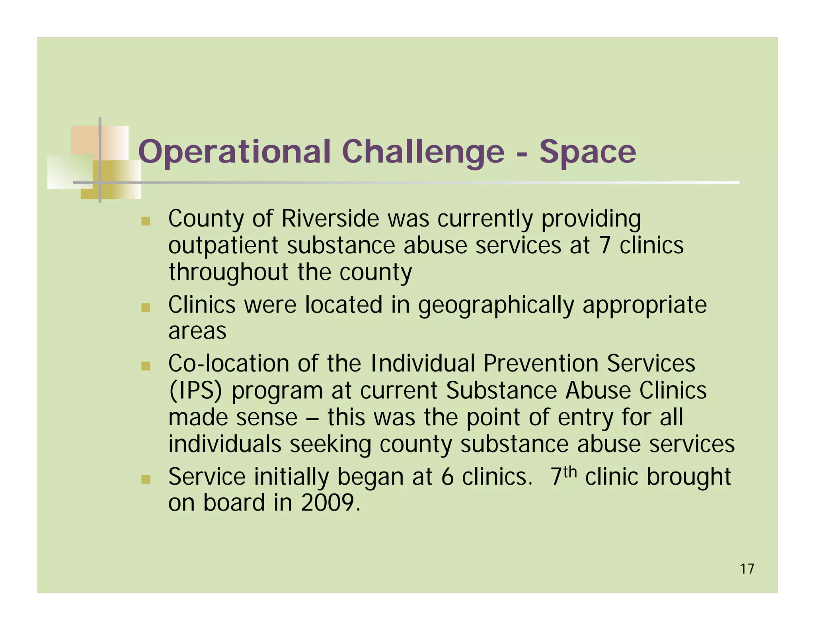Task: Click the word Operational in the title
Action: (x=234, y=152)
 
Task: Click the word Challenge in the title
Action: (x=423, y=152)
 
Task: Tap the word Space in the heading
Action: (x=587, y=152)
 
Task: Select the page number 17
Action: (x=747, y=569)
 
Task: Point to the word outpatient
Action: (x=223, y=246)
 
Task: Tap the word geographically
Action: (x=496, y=305)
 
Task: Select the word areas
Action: (x=197, y=331)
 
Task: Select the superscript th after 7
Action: (x=570, y=472)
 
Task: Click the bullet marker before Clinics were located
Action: (x=146, y=307)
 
